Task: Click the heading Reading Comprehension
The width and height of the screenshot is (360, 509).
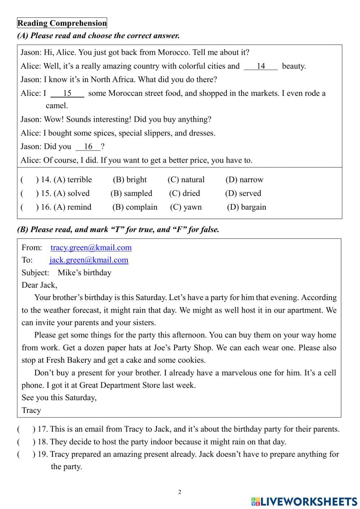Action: [62, 23]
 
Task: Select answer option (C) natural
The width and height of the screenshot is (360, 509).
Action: [186, 180]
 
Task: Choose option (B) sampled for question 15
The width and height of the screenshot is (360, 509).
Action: [131, 193]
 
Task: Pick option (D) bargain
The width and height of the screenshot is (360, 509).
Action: [247, 207]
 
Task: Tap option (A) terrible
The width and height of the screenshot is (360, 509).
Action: [73, 180]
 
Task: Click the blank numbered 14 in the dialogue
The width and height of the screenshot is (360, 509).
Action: [261, 66]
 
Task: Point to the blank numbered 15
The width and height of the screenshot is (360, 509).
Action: [67, 94]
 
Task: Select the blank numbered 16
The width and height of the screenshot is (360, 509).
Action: [88, 147]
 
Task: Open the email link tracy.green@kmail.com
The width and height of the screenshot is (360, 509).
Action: [91, 247]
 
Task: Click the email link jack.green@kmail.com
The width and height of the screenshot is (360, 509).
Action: [89, 260]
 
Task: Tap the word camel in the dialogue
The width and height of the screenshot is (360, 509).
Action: [57, 106]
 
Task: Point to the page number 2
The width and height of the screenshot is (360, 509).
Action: [180, 492]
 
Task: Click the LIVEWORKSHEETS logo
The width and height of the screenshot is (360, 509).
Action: [304, 501]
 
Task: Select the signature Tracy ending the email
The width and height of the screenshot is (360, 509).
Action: [31, 411]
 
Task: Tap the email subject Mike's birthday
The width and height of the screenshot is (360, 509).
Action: [85, 273]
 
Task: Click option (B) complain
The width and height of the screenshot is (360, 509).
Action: [135, 207]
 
